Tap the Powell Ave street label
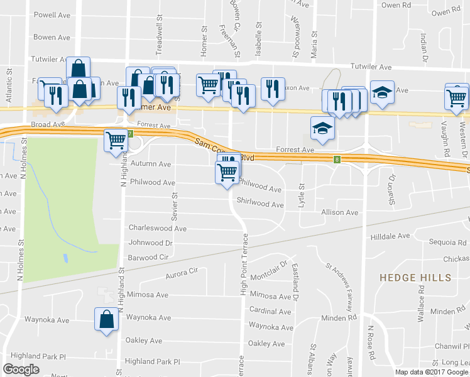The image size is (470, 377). pyautogui.click(x=52, y=15)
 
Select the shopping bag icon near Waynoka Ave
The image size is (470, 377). pyautogui.click(x=106, y=319)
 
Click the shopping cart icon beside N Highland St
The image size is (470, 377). pyautogui.click(x=116, y=141)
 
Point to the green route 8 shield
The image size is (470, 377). pyautogui.click(x=337, y=160)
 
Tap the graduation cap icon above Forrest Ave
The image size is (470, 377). pyautogui.click(x=323, y=128)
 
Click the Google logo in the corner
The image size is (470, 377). pyautogui.click(x=21, y=369)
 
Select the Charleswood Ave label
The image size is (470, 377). pyautogui.click(x=158, y=228)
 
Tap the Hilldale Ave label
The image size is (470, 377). pyautogui.click(x=390, y=236)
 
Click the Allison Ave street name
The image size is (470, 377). pyautogui.click(x=340, y=213)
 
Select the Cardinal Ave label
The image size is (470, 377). pyautogui.click(x=270, y=310)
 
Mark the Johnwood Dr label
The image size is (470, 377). pyautogui.click(x=151, y=243)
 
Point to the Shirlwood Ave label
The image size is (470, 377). pyautogui.click(x=260, y=204)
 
